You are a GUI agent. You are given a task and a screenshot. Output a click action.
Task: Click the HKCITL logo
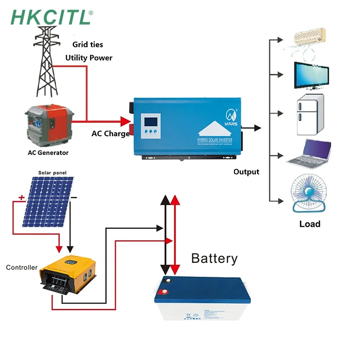click(x=51, y=16)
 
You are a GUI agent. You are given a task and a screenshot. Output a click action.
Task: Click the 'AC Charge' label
click(x=111, y=134)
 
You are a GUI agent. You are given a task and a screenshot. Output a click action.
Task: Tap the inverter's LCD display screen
click(x=150, y=122)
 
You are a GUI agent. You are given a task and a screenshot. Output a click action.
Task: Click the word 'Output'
click(x=246, y=172)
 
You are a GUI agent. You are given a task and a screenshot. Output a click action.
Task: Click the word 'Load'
click(x=310, y=224)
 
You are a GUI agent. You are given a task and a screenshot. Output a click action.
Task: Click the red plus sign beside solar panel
click(x=22, y=197)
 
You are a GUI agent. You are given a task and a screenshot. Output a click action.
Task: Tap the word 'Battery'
click(x=214, y=258)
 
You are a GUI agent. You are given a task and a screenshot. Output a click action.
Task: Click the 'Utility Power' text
click(x=88, y=58)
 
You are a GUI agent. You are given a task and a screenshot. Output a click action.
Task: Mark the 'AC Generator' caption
click(x=48, y=153)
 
